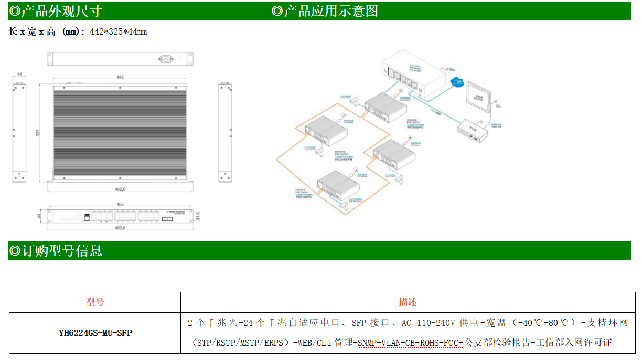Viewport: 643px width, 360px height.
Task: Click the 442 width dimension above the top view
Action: [x=120, y=77]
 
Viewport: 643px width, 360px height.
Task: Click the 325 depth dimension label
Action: [x=38, y=133]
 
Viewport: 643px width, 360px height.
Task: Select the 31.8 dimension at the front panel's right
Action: [x=197, y=216]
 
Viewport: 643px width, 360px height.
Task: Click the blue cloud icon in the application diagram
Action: [x=457, y=82]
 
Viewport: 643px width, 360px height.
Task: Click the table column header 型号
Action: [x=95, y=302]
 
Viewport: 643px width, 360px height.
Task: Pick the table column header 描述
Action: [x=408, y=302]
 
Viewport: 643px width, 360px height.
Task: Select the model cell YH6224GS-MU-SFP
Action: [x=95, y=333]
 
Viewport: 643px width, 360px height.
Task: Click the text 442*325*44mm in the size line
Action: [x=118, y=32]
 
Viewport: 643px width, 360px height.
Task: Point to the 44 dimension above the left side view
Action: [x=19, y=75]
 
